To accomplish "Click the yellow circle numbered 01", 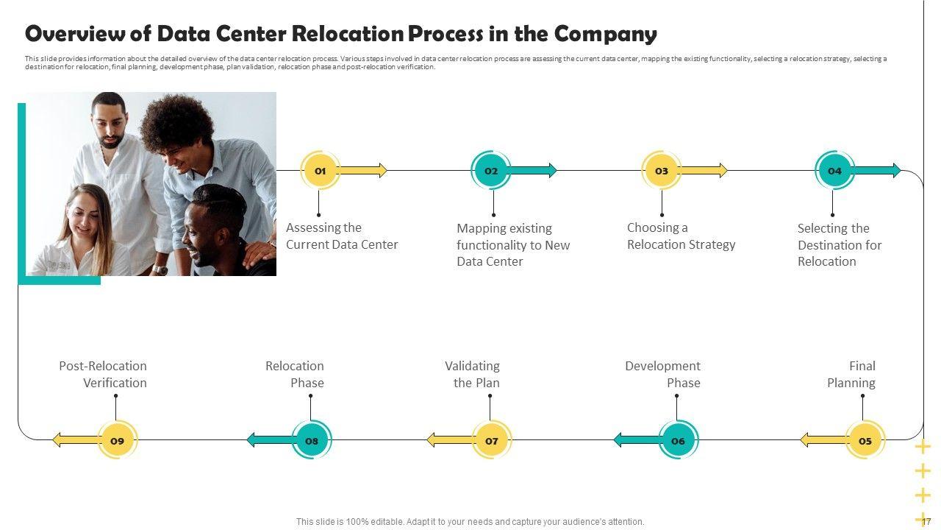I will [x=321, y=171].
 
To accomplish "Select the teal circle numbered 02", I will [x=491, y=171].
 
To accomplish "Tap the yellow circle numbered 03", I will [x=662, y=171].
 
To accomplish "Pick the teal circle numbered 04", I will [x=834, y=171].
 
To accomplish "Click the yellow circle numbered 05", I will [x=865, y=440].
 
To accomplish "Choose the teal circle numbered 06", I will [x=678, y=440].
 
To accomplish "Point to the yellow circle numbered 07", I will [x=492, y=440].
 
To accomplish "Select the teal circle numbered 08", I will [x=312, y=440].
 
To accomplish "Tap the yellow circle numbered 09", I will [x=117, y=440].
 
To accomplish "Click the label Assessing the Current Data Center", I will [x=342, y=236].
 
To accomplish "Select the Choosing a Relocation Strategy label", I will [x=681, y=236].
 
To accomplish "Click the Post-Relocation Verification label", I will [x=103, y=374].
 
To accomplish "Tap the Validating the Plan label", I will [x=472, y=374].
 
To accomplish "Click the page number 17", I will [x=926, y=521].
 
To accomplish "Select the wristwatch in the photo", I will [x=160, y=269].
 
